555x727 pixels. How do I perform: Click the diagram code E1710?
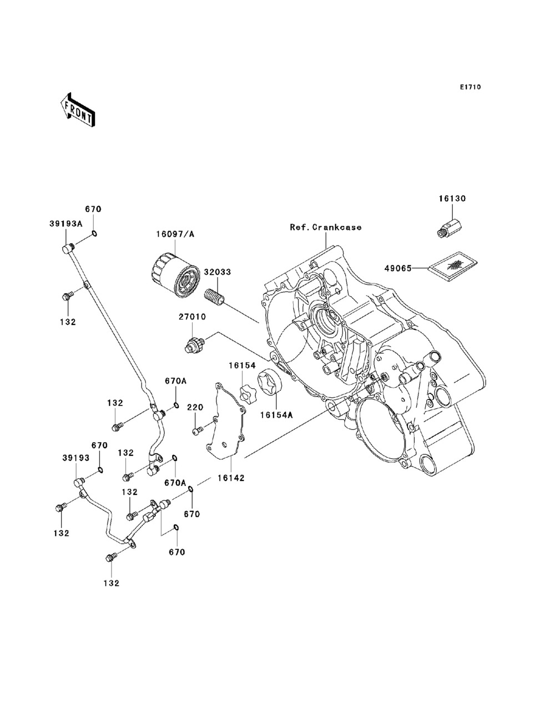pyautogui.click(x=470, y=87)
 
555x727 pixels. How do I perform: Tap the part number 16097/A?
pyautogui.click(x=175, y=234)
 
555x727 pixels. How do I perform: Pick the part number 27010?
pyautogui.click(x=192, y=317)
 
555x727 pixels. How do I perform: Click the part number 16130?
pyautogui.click(x=452, y=199)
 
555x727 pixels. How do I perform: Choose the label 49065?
pyautogui.click(x=398, y=268)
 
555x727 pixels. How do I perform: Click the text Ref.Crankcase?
pyautogui.click(x=326, y=227)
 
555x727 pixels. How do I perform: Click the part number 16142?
pyautogui.click(x=231, y=478)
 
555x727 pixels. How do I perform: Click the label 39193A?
pyautogui.click(x=65, y=224)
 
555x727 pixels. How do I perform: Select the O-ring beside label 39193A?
pyautogui.click(x=94, y=234)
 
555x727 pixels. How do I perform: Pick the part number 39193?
pyautogui.click(x=76, y=458)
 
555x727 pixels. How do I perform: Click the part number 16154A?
pyautogui.click(x=276, y=415)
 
